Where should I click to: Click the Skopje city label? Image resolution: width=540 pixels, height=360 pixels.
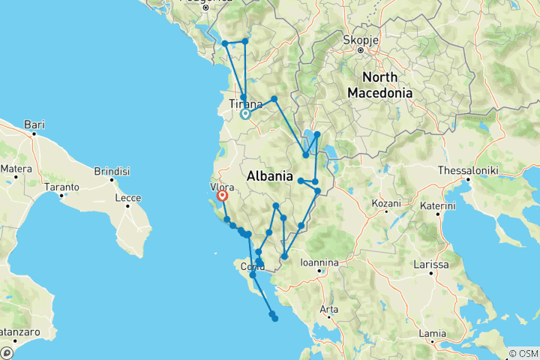(x=359, y=39)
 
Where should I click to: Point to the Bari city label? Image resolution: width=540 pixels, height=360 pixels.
(x=34, y=124)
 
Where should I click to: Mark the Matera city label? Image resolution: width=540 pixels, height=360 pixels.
(x=16, y=169)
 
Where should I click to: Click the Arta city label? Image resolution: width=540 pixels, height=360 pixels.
(x=328, y=308)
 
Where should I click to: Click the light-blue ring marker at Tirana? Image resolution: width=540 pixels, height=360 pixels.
(x=244, y=115)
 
